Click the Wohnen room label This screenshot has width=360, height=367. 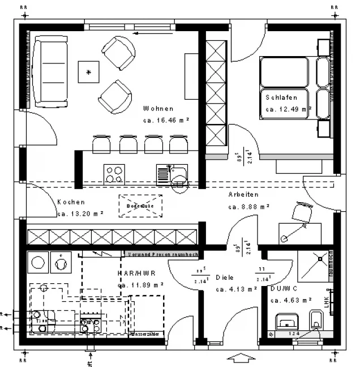158,109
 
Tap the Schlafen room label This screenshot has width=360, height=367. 281,97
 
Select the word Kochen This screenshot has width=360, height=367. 71,202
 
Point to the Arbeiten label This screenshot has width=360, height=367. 243,194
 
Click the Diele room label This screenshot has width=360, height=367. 225,278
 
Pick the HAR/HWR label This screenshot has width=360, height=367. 136,273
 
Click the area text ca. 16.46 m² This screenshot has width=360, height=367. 166,121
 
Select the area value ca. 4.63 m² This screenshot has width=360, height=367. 289,301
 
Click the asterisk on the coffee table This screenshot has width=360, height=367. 88,72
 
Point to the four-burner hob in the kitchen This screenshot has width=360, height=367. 114,173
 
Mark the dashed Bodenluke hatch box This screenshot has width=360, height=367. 140,206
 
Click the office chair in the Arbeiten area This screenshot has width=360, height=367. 301,212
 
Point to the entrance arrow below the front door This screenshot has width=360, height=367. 241,358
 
